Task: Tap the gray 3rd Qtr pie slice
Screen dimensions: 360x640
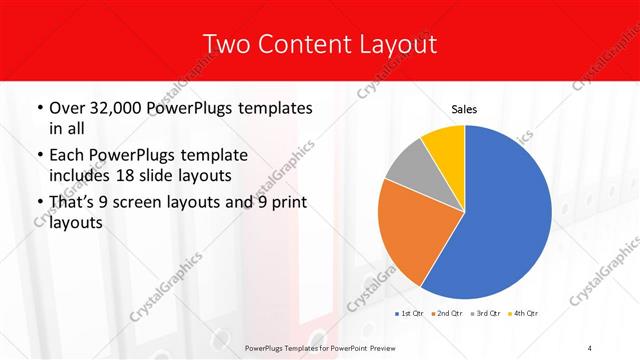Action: pos(406,166)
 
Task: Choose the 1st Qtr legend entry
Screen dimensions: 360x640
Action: pos(411,314)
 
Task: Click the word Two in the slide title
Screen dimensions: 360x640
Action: pos(225,44)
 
